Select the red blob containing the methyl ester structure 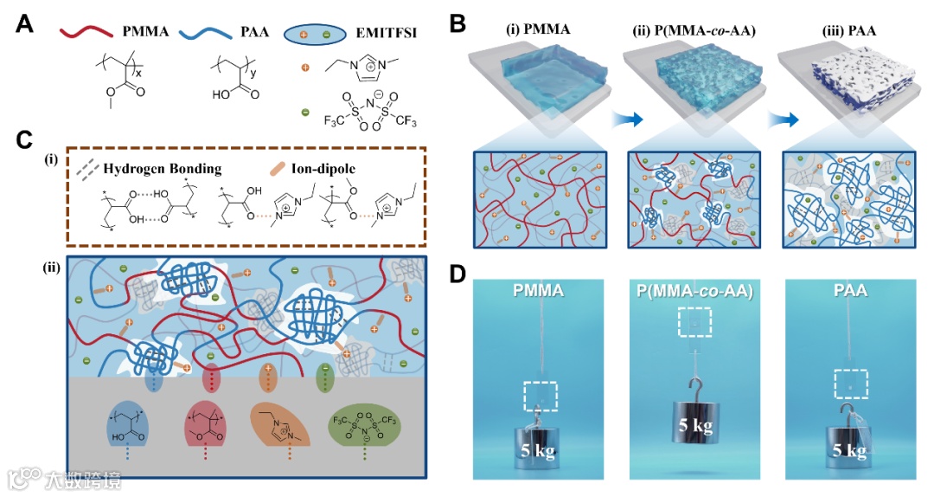[211, 429]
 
